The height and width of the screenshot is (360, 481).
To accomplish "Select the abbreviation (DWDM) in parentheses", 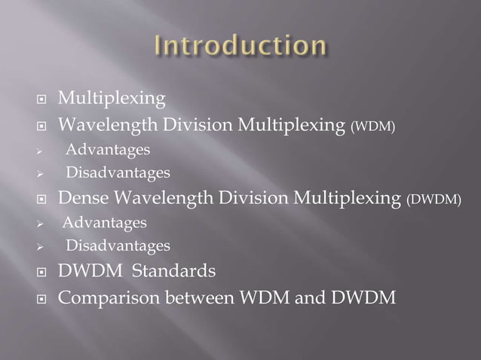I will [x=434, y=200].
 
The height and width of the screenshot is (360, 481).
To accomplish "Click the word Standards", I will [x=178, y=270].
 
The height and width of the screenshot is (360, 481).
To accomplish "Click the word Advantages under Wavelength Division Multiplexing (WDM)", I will [x=107, y=151].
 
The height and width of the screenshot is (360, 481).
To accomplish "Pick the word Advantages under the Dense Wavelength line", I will [x=105, y=223].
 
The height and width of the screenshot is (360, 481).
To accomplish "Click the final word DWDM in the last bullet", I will [x=358, y=297].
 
